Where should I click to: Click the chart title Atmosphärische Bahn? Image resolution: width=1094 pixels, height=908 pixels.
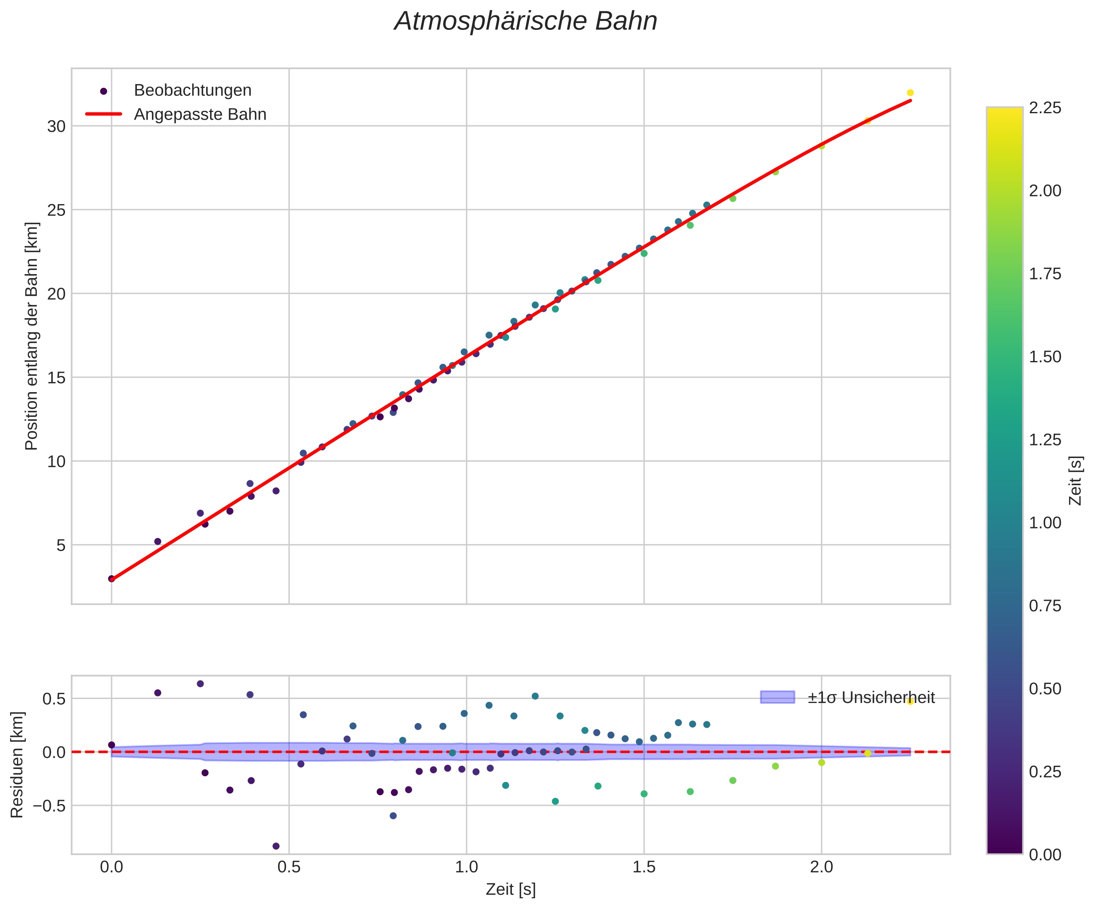[526, 22]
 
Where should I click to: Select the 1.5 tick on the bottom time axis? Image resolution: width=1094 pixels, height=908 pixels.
[644, 867]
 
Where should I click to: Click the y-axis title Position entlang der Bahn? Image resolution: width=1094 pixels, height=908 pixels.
[32, 336]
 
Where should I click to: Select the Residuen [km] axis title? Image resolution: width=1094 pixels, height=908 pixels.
[17, 764]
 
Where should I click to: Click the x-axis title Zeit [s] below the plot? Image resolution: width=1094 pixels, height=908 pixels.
[511, 890]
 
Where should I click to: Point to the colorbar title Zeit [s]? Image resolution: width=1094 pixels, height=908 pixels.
[1075, 481]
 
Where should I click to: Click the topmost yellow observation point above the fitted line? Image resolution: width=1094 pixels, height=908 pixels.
[910, 93]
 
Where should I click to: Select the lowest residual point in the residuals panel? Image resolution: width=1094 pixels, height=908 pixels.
[276, 846]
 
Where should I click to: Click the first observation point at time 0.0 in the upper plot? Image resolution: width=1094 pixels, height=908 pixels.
[112, 579]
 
